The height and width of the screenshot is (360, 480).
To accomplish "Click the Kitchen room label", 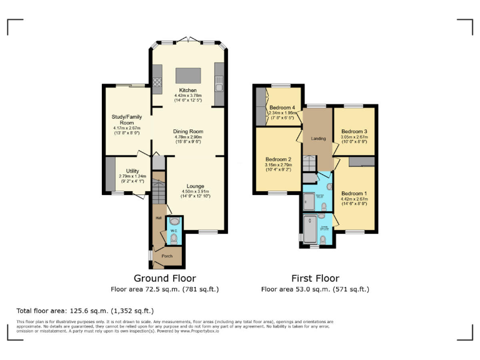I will point(186,90).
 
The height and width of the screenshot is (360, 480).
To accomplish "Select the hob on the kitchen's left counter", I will point(157,80).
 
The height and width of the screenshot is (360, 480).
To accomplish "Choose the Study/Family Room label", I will point(127,119).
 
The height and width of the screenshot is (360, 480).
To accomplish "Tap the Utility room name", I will point(132,171).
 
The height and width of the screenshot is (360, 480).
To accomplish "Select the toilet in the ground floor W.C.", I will point(173,238).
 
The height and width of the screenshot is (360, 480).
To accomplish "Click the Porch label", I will point(167,256).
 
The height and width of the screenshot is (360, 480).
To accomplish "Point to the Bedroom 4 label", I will point(282,108).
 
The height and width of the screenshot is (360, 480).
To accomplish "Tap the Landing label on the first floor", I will point(319,137).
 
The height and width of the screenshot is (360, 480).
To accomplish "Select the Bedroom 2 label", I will point(275,159).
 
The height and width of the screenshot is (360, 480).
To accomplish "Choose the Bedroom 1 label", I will point(352,193).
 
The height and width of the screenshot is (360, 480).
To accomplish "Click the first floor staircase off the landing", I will point(310,164).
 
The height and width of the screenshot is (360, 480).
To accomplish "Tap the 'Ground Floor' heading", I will point(165,278).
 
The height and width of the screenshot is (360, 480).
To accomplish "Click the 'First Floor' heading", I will point(315,278).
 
